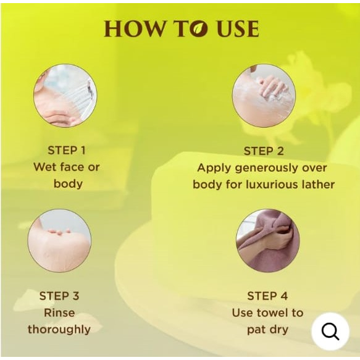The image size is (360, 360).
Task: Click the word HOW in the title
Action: [135, 28]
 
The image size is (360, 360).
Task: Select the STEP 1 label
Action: [67, 151]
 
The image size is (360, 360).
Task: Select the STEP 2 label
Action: [264, 151]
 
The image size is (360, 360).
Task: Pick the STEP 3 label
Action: [59, 296]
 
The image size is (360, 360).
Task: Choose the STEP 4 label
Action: [267, 296]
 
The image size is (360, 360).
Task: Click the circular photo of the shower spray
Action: [65, 96]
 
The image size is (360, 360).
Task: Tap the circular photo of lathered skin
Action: [264, 96]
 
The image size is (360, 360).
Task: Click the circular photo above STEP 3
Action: [59, 241]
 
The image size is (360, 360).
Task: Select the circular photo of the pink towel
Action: [268, 241]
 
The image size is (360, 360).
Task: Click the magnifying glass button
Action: [330, 332]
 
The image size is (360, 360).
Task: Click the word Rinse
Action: [59, 312]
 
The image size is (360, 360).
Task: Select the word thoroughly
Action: [59, 330]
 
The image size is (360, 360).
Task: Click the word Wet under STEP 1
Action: [44, 167]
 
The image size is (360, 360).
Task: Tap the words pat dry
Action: [267, 330]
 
